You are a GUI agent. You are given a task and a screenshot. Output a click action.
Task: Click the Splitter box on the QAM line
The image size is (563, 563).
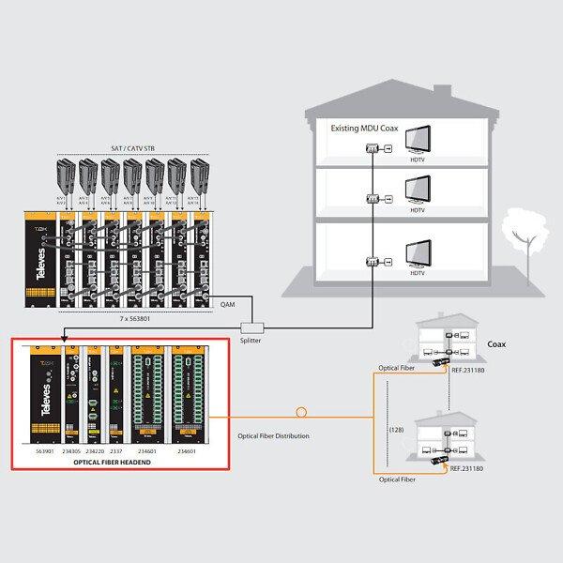pos(251,327)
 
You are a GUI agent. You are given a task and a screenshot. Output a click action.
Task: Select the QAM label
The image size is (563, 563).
pos(227,305)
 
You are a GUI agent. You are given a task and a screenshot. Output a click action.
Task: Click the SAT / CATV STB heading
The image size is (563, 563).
pos(130,148)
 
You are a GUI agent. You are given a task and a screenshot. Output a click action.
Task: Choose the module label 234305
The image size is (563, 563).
pos(70,450)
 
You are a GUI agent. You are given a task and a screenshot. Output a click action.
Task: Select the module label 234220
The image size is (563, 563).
pos(93,450)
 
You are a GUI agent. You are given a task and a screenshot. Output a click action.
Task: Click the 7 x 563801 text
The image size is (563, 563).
pos(122,317)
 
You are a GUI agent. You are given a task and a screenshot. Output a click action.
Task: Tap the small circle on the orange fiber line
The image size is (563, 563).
pos(301,412)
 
